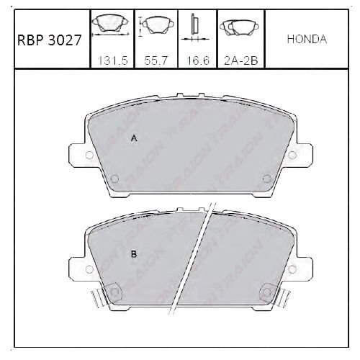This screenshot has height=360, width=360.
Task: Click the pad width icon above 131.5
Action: (110, 26)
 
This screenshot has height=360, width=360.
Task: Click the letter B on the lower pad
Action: (133, 253)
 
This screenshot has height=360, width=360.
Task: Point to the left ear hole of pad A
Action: (89, 155)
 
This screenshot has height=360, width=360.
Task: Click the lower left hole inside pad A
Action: (114, 179)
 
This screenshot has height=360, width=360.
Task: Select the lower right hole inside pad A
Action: (266, 179)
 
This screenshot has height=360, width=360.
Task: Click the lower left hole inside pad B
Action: (112, 292)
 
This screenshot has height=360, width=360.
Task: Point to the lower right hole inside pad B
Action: (268, 292)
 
